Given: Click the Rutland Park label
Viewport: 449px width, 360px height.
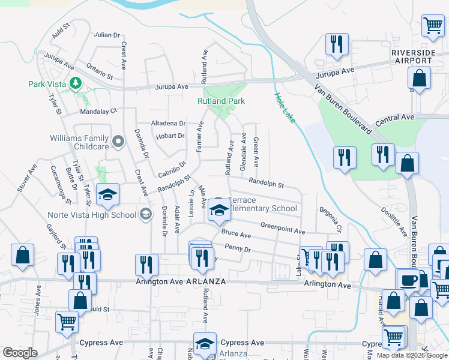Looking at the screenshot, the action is click(x=221, y=101).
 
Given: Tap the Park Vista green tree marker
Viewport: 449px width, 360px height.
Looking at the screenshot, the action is click(x=76, y=82).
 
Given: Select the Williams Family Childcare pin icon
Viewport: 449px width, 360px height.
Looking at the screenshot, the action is click(x=118, y=142).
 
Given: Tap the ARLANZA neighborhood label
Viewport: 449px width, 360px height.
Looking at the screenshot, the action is click(x=206, y=281).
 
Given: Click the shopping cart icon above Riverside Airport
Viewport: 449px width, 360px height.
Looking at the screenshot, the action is click(x=432, y=25).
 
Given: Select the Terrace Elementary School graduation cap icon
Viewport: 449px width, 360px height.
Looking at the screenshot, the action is click(x=219, y=211).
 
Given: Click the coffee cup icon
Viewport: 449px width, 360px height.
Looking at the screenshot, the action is click(x=409, y=280).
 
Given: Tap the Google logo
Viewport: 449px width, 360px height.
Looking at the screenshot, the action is click(x=19, y=353).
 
